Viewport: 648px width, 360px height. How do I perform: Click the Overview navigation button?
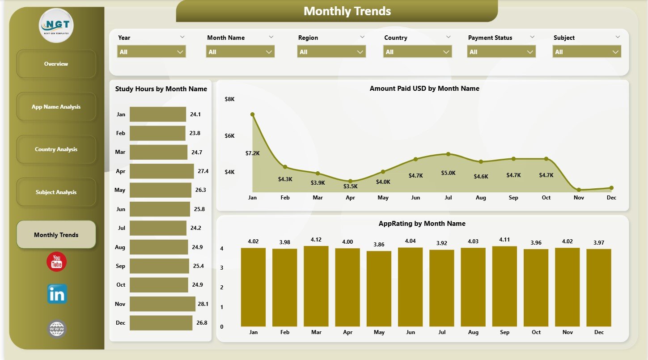pos(56,64)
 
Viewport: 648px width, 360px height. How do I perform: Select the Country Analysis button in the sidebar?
pos(56,149)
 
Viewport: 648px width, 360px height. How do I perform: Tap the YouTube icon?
pos(56,262)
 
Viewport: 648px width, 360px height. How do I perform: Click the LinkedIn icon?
pos(57,294)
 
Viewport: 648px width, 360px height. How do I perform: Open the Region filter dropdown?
pos(331,52)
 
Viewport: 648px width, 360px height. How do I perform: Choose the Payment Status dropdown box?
pos(501,52)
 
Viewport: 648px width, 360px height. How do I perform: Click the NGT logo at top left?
pos(56,25)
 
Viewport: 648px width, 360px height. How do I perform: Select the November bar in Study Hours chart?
pos(162,304)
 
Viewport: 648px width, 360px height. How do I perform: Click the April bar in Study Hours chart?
pos(161,171)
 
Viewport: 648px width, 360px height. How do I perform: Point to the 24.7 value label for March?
pos(197,152)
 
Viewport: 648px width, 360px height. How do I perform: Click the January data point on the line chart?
pos(253,114)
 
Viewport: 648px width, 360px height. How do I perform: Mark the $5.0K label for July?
pos(448,173)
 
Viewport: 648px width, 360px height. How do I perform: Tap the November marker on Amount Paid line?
pos(579,190)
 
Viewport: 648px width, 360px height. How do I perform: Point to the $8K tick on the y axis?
pos(229,99)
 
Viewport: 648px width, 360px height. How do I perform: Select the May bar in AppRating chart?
pos(379,288)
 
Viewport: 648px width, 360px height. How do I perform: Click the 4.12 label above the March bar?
pos(316,240)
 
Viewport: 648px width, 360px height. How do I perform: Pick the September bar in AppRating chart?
pos(504,286)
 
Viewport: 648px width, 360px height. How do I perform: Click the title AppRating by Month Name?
pos(422,224)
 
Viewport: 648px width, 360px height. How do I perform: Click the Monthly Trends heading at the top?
pos(347,11)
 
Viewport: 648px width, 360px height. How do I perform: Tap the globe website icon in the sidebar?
pos(57,329)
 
